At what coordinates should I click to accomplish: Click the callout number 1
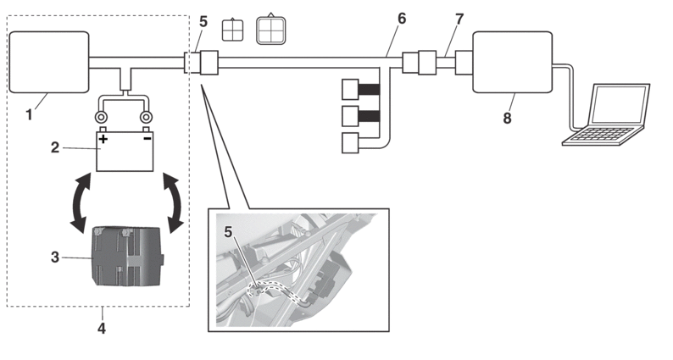point(29,112)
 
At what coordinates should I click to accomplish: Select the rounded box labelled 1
point(48,62)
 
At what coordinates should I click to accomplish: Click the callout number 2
point(56,147)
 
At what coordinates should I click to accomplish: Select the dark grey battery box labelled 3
point(127,255)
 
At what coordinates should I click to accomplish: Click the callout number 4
point(101,326)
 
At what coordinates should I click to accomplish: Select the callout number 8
point(507,118)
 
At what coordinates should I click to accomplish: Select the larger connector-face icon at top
point(271,30)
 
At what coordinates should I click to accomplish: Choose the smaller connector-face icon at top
point(231,30)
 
